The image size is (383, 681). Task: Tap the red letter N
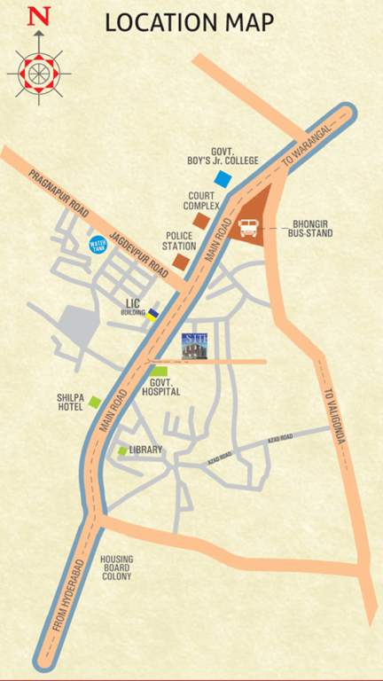[x=38, y=17]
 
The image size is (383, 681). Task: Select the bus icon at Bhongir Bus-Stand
[x=251, y=228]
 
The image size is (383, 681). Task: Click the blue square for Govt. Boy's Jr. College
[x=223, y=179]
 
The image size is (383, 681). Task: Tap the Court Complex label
[x=202, y=200]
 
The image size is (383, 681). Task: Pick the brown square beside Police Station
[x=181, y=262]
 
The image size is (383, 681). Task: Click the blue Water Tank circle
[x=98, y=244]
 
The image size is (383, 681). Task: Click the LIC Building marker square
[x=152, y=313]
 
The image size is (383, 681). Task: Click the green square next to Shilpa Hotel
[x=94, y=403]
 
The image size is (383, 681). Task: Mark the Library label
[x=145, y=450]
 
